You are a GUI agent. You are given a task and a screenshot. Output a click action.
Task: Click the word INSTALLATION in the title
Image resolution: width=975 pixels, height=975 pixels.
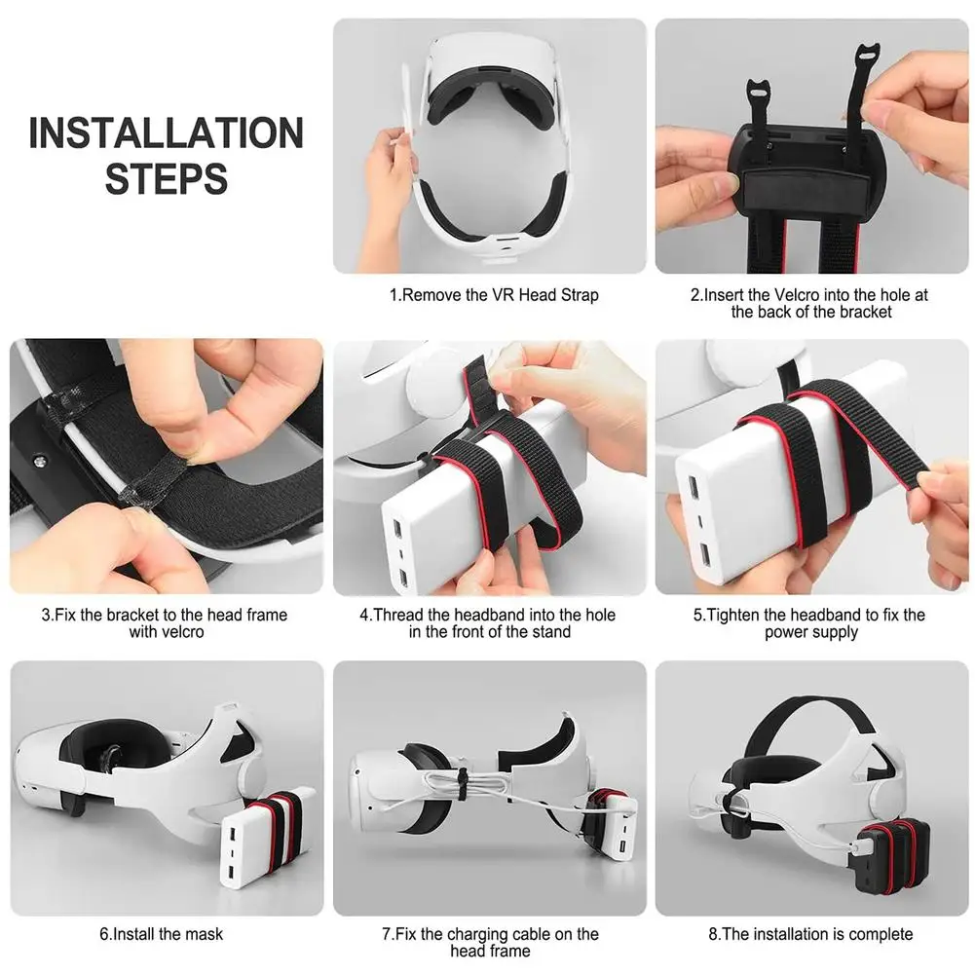pyautogui.click(x=167, y=133)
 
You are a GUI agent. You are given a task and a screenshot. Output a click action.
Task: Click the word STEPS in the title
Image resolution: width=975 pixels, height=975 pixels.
pyautogui.click(x=167, y=179)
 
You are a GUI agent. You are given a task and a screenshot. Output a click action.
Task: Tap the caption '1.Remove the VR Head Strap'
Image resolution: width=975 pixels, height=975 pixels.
pyautogui.click(x=494, y=295)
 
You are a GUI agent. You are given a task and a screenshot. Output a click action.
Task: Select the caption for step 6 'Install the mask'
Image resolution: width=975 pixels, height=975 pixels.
pyautogui.click(x=161, y=934)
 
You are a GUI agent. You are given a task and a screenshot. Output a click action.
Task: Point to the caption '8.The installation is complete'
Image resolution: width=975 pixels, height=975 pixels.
pyautogui.click(x=810, y=934)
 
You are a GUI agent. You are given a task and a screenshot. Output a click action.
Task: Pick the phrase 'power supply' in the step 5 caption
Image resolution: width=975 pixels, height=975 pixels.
pyautogui.click(x=811, y=632)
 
